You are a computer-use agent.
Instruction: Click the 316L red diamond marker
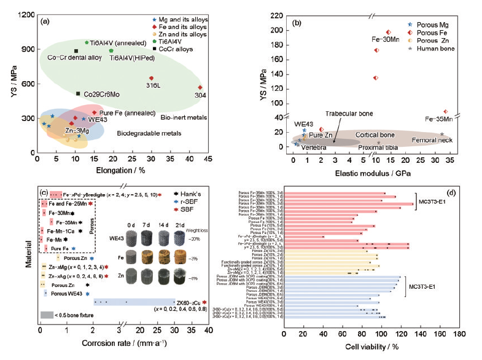click(x=151, y=78)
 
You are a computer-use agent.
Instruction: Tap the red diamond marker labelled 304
click(x=200, y=87)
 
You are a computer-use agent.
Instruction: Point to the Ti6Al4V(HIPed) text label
click(x=131, y=58)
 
